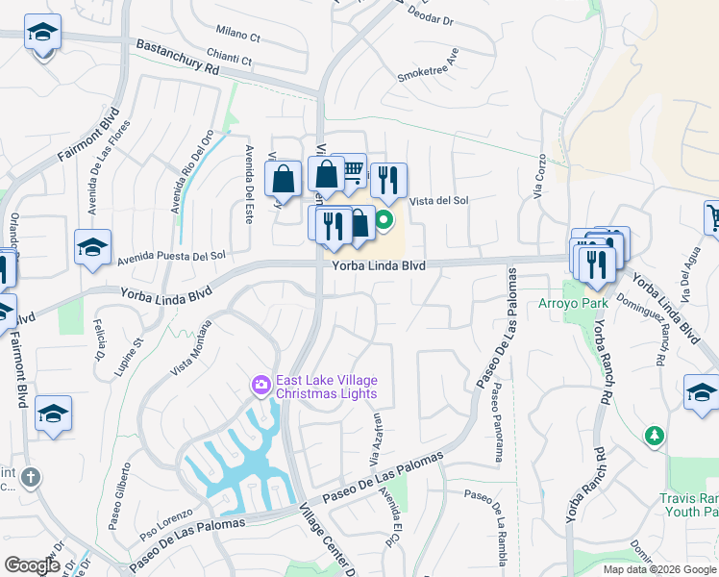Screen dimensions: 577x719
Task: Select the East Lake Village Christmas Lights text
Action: pyautogui.click(x=326, y=387)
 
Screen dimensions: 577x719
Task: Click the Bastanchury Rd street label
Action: pyautogui.click(x=178, y=58)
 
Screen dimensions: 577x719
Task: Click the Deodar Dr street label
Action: pyautogui.click(x=430, y=15)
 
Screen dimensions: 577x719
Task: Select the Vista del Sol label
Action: pyautogui.click(x=438, y=201)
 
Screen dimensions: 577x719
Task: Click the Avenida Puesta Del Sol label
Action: pyautogui.click(x=172, y=257)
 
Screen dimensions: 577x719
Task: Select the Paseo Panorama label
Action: pyautogui.click(x=497, y=423)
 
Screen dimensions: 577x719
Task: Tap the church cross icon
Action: pyautogui.click(x=32, y=477)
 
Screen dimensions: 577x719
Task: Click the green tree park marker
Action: pyautogui.click(x=655, y=436)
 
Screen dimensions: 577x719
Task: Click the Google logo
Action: pyautogui.click(x=32, y=565)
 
